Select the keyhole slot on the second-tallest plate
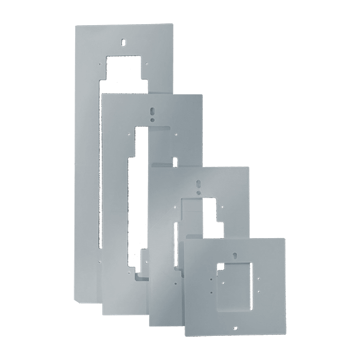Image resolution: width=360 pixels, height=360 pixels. coord(152,112)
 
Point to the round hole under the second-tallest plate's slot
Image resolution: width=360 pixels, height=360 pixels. coord(152,120)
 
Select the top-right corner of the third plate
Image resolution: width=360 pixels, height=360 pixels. coord(249,167)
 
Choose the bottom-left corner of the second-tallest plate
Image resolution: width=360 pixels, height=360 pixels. coord(103,313)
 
